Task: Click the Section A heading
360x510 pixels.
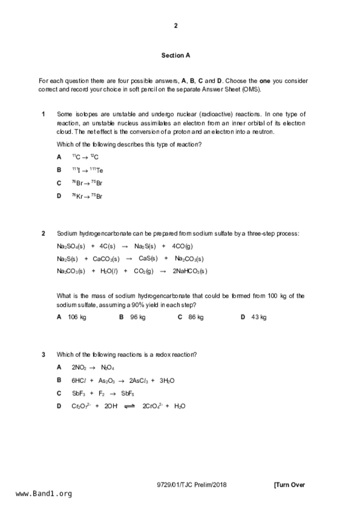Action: click(x=175, y=55)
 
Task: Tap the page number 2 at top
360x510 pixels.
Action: click(x=176, y=26)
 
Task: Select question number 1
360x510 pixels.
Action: click(x=43, y=114)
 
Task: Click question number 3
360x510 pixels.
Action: click(x=43, y=354)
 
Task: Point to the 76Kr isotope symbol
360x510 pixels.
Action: click(x=77, y=196)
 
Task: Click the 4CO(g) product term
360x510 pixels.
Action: click(x=182, y=246)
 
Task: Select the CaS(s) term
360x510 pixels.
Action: click(x=148, y=258)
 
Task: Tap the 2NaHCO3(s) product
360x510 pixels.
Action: click(x=190, y=271)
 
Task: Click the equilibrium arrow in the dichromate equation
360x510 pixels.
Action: click(x=129, y=406)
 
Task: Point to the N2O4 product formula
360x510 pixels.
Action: click(x=108, y=368)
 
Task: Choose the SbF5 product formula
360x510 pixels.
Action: click(x=128, y=393)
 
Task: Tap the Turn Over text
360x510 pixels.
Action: click(x=289, y=485)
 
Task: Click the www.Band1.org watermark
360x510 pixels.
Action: click(x=44, y=494)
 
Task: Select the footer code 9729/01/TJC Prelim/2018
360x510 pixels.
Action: click(x=191, y=485)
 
